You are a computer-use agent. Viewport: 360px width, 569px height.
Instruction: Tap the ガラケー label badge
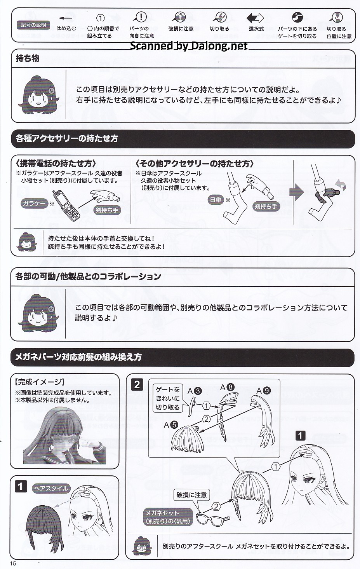[x=34, y=203]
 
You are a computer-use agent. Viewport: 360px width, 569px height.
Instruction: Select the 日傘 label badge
[x=216, y=200]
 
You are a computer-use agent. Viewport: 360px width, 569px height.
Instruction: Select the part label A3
[x=195, y=391]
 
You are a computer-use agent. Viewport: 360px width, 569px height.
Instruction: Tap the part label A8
[x=227, y=387]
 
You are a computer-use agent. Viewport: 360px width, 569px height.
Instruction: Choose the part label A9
[x=264, y=390]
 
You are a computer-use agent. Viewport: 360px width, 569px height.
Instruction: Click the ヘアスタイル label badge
[x=51, y=488]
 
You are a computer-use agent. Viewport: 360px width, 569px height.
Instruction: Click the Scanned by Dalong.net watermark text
[x=189, y=45]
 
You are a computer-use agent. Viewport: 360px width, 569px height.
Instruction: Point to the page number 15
[x=13, y=563]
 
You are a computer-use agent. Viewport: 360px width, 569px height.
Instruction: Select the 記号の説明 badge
[x=33, y=25]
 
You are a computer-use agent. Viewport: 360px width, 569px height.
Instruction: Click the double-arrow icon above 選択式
[x=255, y=18]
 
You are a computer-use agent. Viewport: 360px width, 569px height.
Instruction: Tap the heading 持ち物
[x=28, y=58]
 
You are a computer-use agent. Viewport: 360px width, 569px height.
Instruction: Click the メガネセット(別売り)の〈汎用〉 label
[x=168, y=517]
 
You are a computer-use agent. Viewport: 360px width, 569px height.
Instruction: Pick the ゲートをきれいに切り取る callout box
[x=167, y=398]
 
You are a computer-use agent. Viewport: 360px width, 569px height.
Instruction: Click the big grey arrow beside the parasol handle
[x=297, y=192]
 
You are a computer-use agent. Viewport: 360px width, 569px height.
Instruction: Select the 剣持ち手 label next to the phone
[x=107, y=210]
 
